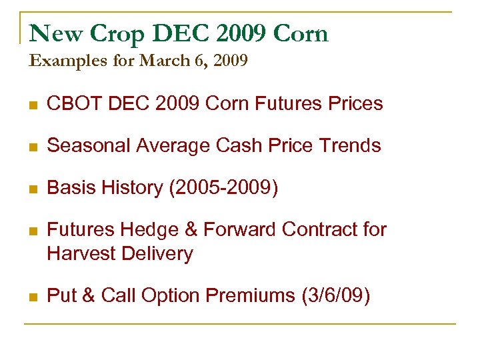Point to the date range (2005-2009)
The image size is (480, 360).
coord(223,188)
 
